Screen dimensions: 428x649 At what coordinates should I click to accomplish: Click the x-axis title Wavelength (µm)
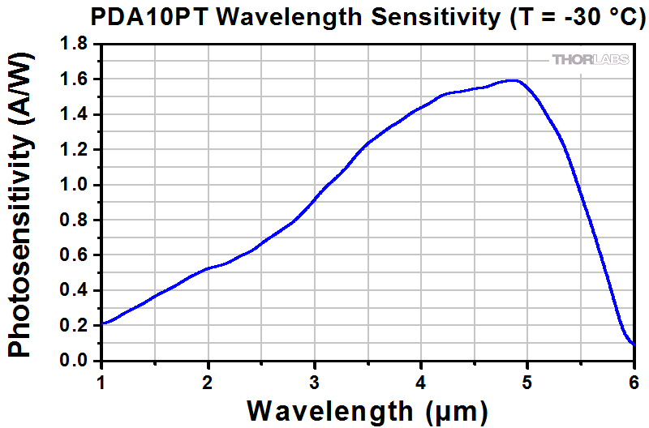367,410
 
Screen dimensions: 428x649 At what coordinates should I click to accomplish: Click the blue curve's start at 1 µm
102,323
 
